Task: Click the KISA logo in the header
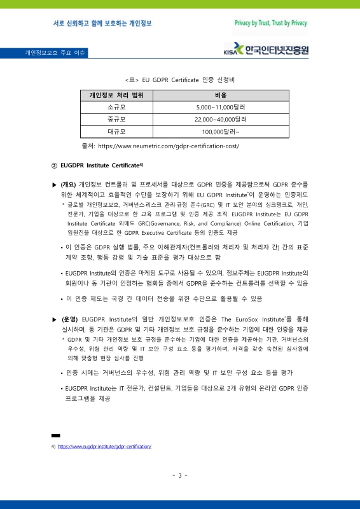(x=268, y=50)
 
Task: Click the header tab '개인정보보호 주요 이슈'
(x=56, y=52)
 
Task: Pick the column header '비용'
(x=221, y=95)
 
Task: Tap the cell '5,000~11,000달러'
(x=221, y=108)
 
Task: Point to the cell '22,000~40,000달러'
(x=221, y=120)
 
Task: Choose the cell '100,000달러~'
(x=221, y=132)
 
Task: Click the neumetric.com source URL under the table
(x=169, y=146)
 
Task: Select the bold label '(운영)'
(x=69, y=318)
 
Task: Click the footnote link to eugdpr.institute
(x=104, y=447)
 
